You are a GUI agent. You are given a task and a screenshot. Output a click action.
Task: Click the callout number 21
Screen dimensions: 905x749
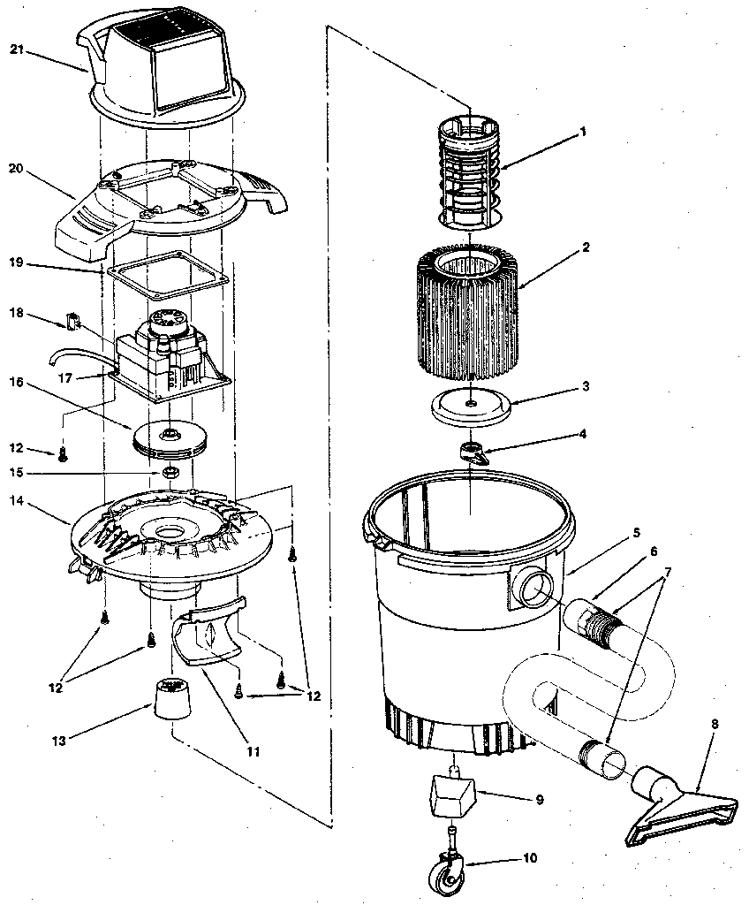[15, 49]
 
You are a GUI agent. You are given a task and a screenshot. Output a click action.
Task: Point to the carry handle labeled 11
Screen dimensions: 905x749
[210, 632]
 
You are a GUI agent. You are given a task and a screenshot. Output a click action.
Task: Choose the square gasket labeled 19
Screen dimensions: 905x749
[167, 274]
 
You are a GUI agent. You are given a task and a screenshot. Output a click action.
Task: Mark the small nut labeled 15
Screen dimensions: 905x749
[170, 472]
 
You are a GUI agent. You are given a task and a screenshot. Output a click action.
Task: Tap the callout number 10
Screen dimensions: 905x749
[529, 857]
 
